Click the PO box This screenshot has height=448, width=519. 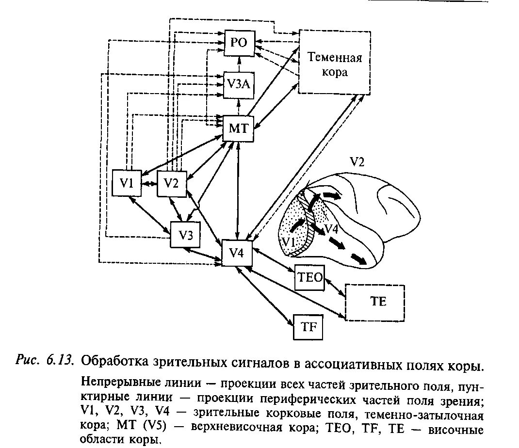tap(239, 42)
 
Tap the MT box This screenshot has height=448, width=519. tap(238, 128)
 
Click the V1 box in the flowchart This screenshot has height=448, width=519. tap(127, 183)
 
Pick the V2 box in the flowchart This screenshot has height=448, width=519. tap(171, 183)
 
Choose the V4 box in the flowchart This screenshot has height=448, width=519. tap(237, 253)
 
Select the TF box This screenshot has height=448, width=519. tap(308, 327)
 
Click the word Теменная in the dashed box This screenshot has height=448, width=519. tap(335, 59)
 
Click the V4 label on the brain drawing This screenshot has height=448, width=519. tap(331, 228)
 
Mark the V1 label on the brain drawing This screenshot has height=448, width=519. tap(289, 241)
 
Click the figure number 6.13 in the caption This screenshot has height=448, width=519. tap(61, 361)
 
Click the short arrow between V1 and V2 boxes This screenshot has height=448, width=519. tap(149, 183)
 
